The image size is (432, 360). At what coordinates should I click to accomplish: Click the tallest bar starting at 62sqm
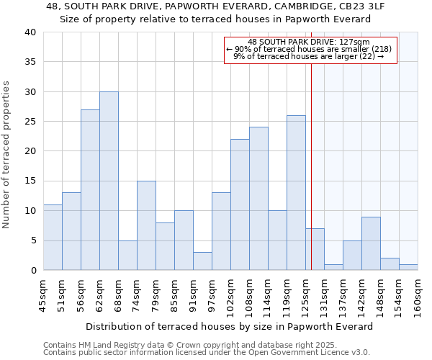tap(109, 181)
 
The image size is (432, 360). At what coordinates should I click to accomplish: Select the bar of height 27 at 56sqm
tap(90, 190)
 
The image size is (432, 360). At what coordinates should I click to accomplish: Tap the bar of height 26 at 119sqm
tap(296, 193)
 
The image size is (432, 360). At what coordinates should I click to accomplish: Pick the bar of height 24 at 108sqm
tap(258, 199)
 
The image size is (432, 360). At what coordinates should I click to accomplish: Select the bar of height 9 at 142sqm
tap(371, 243)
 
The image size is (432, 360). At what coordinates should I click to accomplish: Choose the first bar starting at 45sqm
tap(53, 238)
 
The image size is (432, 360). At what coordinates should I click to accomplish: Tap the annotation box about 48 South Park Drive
tap(310, 50)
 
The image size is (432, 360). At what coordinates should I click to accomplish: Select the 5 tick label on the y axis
tap(32, 240)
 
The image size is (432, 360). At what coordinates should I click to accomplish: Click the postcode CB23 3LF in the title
tap(348, 6)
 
